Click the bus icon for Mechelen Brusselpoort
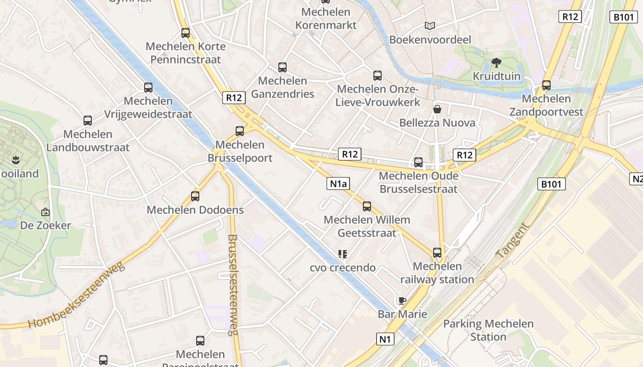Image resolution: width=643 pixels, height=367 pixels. click(240, 131)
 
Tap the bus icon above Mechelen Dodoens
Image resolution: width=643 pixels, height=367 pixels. click(195, 196)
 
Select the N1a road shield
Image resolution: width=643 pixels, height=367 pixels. click(338, 184)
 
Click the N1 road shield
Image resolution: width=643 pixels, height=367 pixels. click(385, 339)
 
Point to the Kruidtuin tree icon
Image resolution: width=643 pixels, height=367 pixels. click(496, 62)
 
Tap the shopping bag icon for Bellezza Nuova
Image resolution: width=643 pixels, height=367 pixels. click(437, 109)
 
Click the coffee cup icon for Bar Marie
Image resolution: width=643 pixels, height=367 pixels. click(402, 301)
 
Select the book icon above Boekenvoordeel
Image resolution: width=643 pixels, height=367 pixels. click(430, 26)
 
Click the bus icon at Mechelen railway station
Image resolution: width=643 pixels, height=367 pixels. click(437, 253)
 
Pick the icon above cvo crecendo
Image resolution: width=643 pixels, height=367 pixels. click(343, 254)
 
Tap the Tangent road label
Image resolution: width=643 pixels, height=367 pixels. click(513, 240)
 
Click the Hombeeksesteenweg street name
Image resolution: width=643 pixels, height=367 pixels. click(77, 295)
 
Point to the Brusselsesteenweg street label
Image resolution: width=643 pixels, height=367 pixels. click(233, 284)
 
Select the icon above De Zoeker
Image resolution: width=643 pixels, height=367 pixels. click(45, 212)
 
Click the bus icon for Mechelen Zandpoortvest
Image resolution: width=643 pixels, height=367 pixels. click(546, 85)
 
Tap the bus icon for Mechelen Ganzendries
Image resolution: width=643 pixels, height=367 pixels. click(282, 67)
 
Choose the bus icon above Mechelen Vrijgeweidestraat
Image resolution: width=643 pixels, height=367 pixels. click(148, 88)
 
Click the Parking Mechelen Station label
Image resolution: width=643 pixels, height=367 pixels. click(488, 330)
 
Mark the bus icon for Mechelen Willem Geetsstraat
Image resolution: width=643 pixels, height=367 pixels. click(367, 206)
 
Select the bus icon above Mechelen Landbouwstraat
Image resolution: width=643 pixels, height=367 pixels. click(88, 121)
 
